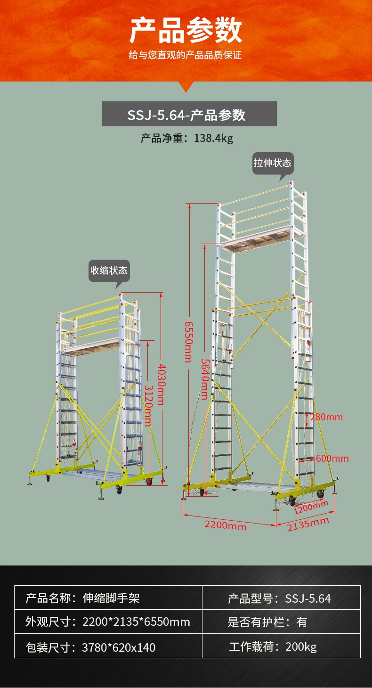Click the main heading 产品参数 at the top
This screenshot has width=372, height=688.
point(186,30)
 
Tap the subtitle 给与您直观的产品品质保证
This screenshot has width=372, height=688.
point(186,55)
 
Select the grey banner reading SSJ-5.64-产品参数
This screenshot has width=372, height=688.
point(189,114)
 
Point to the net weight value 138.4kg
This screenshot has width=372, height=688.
point(214,138)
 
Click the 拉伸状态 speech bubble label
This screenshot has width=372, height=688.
point(273,163)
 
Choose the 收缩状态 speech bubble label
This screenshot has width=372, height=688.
point(109,270)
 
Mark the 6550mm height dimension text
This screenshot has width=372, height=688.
point(189,342)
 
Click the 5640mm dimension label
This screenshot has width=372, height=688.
point(205,379)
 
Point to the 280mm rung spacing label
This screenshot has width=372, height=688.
point(326,417)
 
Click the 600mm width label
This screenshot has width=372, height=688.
point(332,459)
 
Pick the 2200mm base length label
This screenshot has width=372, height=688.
point(226,525)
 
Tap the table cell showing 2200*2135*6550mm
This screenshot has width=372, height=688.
point(136,622)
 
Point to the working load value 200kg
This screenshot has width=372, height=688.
point(301,647)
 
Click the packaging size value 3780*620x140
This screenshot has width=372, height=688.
point(119,647)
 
